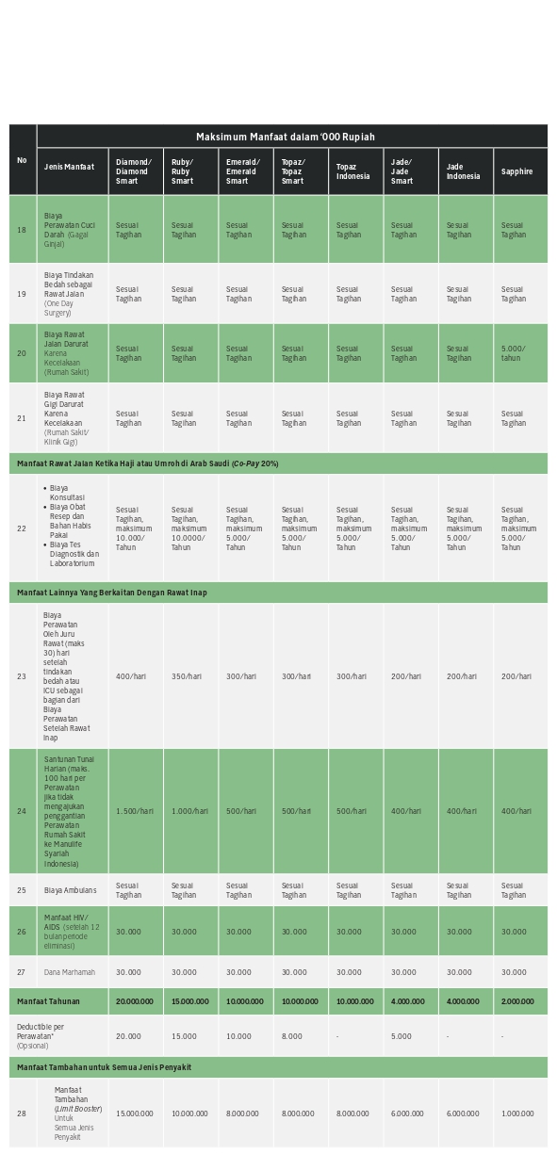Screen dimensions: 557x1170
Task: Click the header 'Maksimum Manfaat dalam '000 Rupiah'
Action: point(285,138)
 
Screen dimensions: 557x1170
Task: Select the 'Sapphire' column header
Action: point(516,171)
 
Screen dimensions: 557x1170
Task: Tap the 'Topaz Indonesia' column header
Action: point(352,171)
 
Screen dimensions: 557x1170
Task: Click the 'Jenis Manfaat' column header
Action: point(69,167)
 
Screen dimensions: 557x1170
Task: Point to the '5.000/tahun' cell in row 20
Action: point(514,353)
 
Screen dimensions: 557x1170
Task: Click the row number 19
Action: point(22,294)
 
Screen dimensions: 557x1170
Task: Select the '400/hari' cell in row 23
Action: point(131,676)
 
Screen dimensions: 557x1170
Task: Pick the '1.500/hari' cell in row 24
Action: point(134,811)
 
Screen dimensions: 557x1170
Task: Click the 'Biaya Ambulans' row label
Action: point(70,890)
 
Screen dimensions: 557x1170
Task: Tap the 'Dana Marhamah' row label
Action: point(70,972)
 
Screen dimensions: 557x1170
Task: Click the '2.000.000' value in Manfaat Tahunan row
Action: point(516,1001)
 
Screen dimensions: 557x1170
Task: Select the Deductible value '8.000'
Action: point(292,1036)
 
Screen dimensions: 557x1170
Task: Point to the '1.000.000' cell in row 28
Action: point(517,1113)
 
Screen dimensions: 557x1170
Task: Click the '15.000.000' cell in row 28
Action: point(134,1113)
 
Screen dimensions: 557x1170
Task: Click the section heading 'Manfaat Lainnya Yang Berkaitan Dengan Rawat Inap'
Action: point(111,593)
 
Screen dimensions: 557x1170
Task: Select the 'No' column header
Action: point(22,160)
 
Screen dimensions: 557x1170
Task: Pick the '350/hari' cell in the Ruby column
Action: point(186,676)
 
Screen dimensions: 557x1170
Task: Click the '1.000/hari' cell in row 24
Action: point(188,811)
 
